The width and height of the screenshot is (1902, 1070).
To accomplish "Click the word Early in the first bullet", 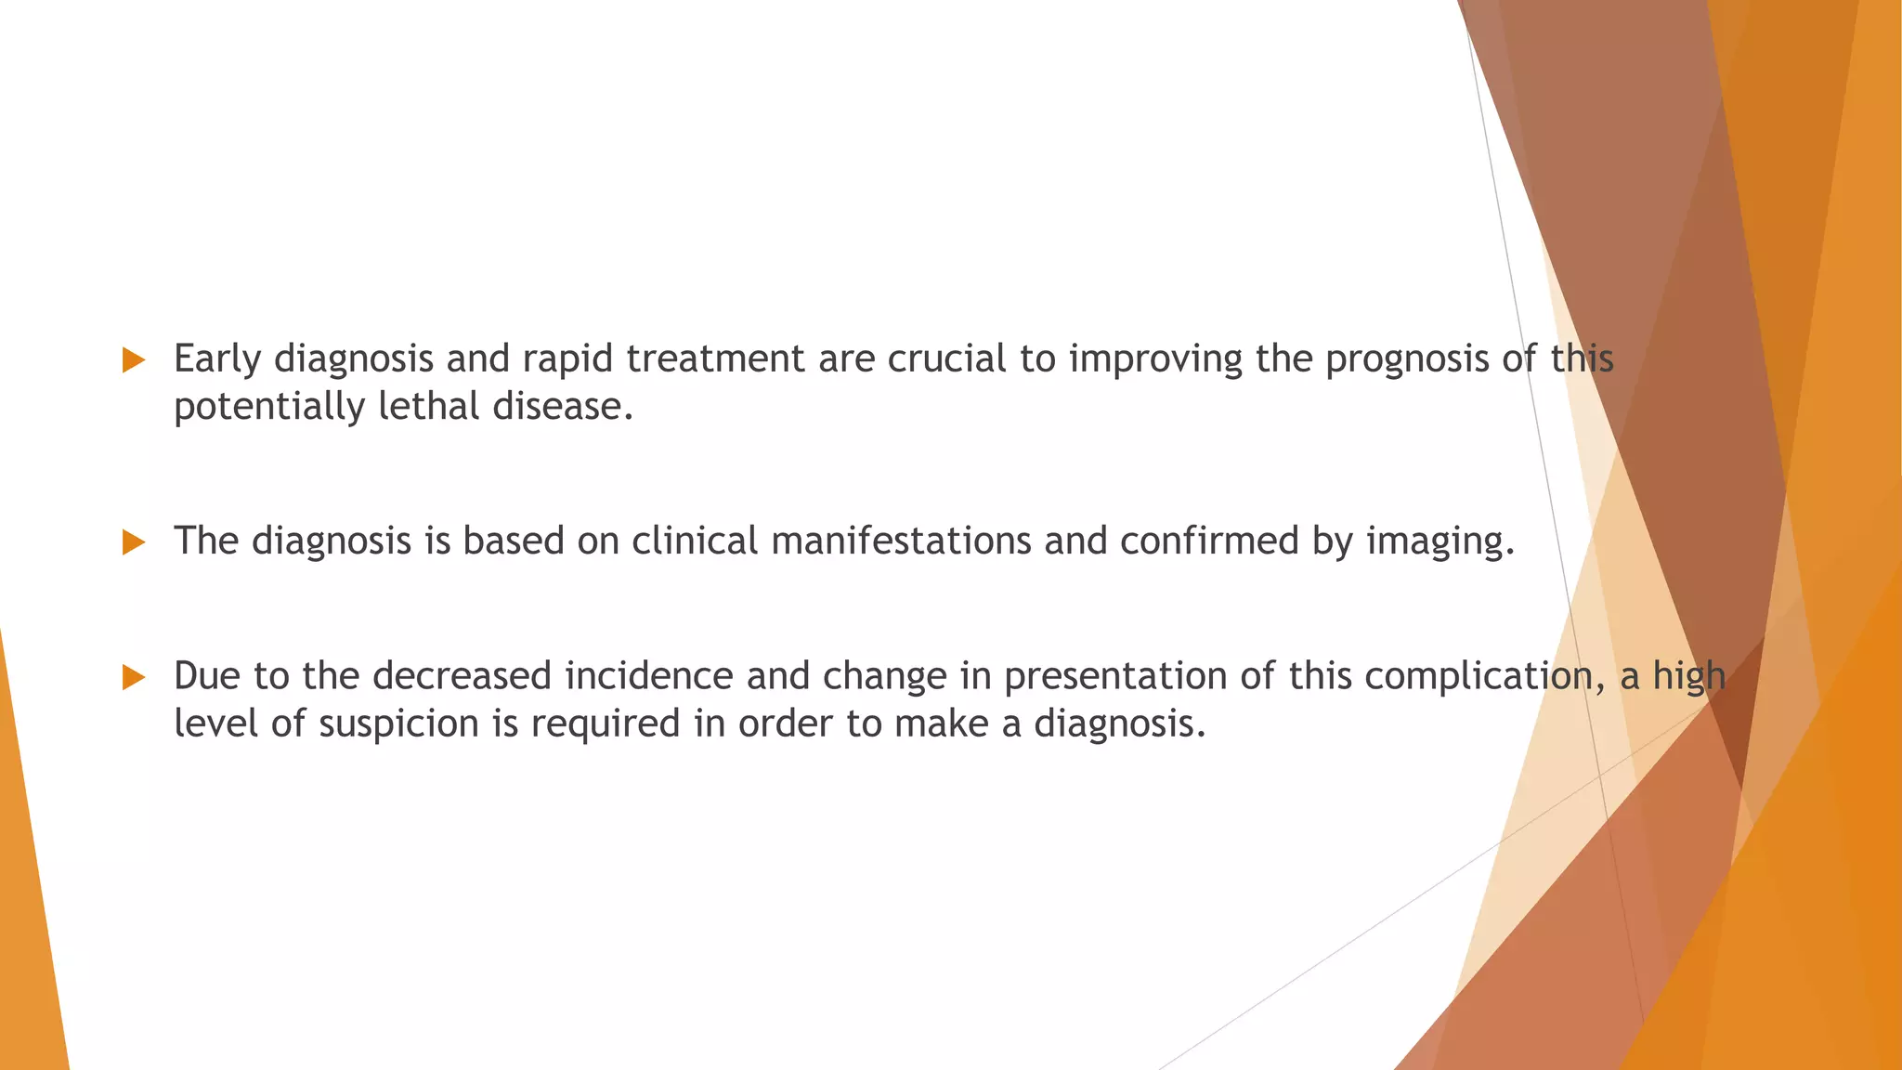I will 217,359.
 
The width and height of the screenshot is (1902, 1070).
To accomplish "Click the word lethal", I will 428,407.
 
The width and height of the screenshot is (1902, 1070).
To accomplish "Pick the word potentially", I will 269,407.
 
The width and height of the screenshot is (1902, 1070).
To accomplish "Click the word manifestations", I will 901,541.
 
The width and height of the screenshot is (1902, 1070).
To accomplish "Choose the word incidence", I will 649,676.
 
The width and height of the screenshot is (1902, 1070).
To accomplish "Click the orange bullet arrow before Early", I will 134,360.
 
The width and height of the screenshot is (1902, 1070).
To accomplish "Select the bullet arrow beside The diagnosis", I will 134,542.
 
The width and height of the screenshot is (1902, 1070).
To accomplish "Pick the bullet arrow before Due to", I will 134,678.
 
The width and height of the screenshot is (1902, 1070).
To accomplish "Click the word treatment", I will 715,359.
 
